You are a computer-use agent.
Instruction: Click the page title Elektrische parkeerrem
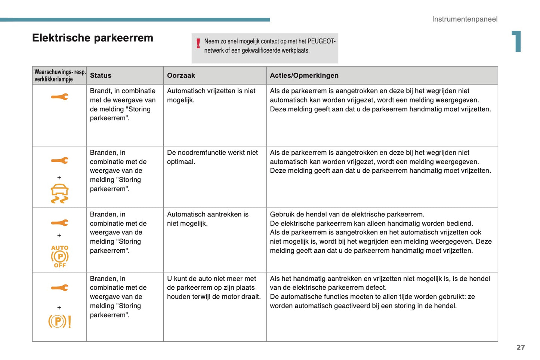tap(93, 38)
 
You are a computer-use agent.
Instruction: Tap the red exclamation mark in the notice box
tap(198, 44)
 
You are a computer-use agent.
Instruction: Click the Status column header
tap(101, 76)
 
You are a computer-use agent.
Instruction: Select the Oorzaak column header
tap(181, 76)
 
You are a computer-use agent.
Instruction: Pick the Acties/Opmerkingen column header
tap(304, 76)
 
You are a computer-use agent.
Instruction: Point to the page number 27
tap(521, 347)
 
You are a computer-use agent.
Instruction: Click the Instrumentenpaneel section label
tap(465, 19)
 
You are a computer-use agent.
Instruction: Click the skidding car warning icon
tap(59, 194)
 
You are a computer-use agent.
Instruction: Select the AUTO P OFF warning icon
tap(59, 256)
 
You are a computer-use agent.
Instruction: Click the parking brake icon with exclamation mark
tap(59, 321)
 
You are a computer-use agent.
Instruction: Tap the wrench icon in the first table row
tap(59, 97)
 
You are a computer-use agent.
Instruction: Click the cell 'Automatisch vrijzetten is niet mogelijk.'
tap(211, 95)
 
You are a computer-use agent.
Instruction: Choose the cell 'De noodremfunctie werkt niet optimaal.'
tap(212, 157)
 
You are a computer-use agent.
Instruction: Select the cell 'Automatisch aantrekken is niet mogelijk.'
tap(207, 219)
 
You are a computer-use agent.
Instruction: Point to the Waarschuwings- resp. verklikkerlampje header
tap(59, 76)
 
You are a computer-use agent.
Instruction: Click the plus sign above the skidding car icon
tap(59, 178)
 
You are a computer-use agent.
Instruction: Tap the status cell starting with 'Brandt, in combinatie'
tap(123, 104)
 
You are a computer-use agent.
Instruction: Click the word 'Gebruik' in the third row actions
tap(281, 214)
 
